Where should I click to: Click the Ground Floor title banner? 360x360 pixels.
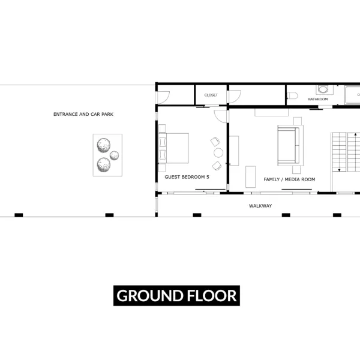pos(176,295)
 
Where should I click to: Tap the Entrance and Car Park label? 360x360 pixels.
pos(83,114)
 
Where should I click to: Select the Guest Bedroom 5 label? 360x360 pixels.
pos(187,177)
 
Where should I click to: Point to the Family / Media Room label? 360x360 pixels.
pos(289,179)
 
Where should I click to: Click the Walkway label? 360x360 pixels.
pos(260,206)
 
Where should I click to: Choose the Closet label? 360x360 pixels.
pos(211,95)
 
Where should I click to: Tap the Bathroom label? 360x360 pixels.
pos(318,99)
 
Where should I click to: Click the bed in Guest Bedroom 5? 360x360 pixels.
pos(174,148)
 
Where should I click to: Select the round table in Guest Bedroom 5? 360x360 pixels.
pos(218,152)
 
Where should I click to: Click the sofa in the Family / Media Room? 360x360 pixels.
pos(290,145)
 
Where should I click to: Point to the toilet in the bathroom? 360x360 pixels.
pos(292,95)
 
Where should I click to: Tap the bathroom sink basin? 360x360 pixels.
pos(323,89)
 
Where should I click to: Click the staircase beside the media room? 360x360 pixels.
pos(346,152)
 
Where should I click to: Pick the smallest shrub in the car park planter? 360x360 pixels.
pos(115,155)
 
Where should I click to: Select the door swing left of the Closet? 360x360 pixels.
pos(164,97)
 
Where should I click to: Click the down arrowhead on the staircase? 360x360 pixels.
pos(339,170)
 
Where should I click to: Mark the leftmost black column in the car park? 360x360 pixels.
pos(19,215)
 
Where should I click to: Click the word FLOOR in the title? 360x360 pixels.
pos(212,295)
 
